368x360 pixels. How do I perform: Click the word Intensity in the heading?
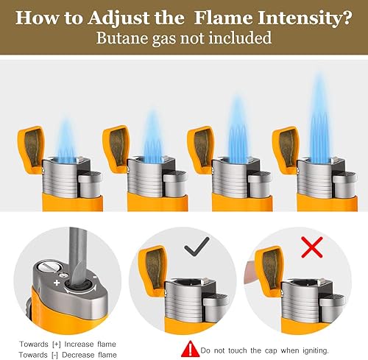[301, 18]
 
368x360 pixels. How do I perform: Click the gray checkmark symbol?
[197, 247]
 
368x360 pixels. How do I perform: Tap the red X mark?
[312, 247]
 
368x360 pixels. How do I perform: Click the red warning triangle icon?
[189, 349]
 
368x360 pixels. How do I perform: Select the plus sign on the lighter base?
[57, 283]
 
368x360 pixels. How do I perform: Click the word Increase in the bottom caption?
[79, 345]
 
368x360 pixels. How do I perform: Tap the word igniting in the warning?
[315, 351]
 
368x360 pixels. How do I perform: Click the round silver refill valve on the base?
[49, 267]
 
